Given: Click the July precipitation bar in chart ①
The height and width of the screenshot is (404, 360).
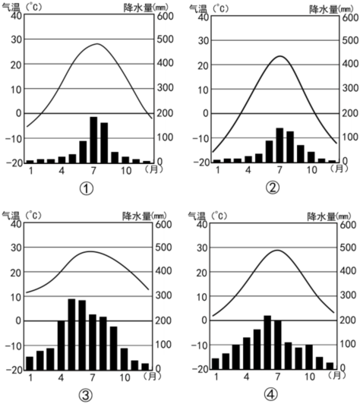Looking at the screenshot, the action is coord(93,140).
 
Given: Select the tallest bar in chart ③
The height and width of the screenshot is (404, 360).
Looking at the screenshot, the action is coord(71,335).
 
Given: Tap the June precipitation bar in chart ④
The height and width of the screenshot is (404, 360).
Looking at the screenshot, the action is coord(267,342).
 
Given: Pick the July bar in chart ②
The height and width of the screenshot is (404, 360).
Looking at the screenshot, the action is coord(279,145).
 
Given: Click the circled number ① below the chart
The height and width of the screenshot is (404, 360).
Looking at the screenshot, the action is coord(87,189).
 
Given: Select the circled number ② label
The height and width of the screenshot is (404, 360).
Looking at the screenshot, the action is coord(273,188).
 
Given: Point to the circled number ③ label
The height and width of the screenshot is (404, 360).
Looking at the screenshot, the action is coord(85,396).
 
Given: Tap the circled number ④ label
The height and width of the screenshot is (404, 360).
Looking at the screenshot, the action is coord(271,395).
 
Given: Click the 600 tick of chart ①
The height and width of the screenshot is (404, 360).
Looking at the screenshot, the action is coord(165,16).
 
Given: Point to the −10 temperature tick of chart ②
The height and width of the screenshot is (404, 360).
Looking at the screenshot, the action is coord(200,139).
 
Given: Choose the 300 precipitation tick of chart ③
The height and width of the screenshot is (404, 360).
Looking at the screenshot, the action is coord(163,295).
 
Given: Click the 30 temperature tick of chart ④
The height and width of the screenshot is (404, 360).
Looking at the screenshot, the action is coord(202,248).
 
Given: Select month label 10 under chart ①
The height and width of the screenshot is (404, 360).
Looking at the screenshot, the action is coord(126,171).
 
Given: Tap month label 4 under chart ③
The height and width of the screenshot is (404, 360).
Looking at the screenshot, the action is coord(61,377).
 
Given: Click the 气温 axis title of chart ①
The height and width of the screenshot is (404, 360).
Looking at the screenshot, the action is coord(11,8).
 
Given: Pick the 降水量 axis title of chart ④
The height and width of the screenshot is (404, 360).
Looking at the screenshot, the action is coord(321,216).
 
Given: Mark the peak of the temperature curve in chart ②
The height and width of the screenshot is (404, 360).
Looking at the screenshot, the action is coord(280,56).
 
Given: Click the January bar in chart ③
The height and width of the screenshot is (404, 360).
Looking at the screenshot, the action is coord(30,364).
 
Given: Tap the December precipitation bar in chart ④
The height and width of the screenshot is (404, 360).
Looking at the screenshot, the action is coord(330,366).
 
